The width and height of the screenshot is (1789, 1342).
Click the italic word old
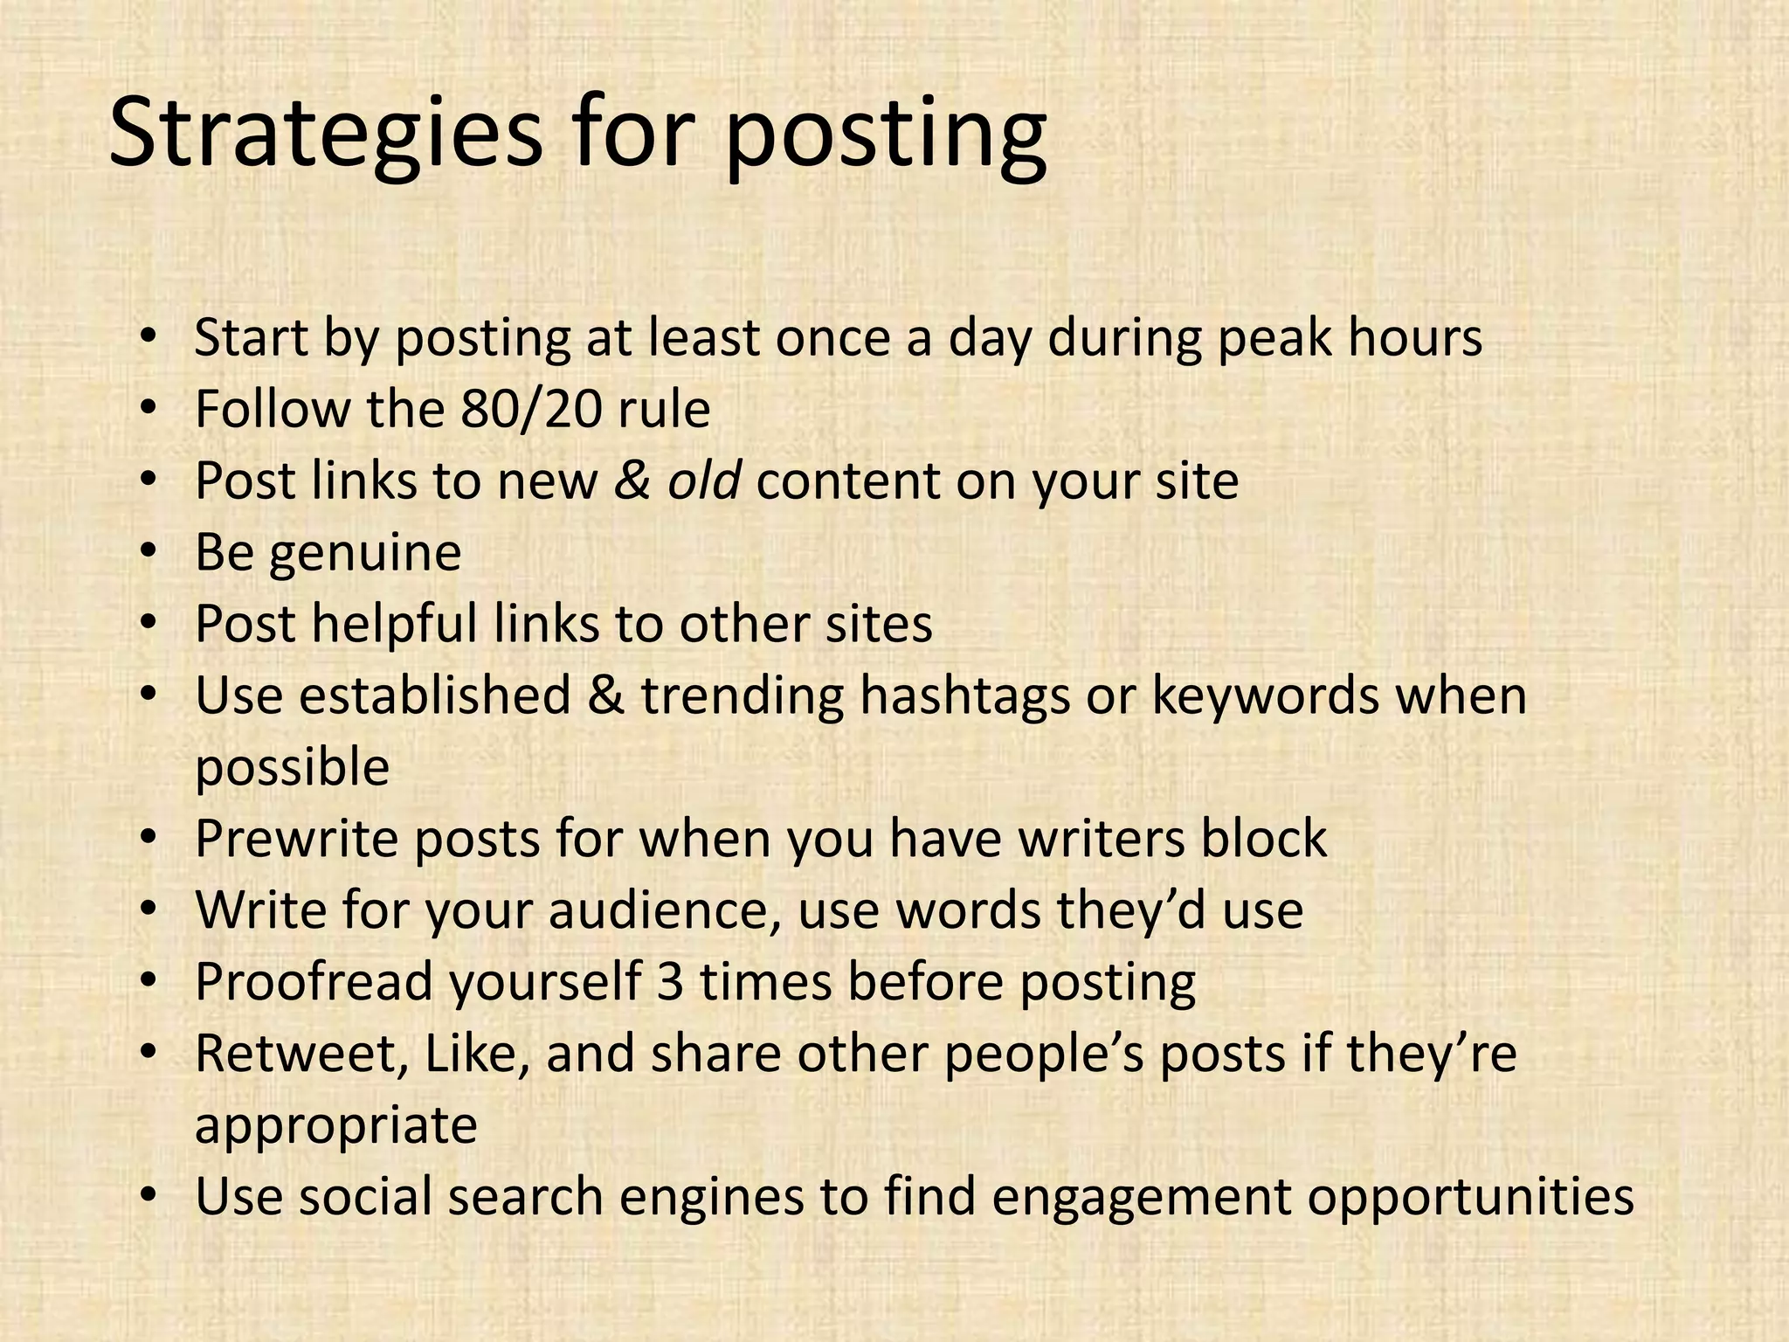coord(704,481)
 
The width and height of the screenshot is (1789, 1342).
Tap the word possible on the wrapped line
coord(292,769)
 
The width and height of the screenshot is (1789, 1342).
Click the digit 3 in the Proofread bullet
coord(670,982)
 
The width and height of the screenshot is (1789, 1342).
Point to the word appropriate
coord(335,1127)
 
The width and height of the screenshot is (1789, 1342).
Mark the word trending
coord(743,697)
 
